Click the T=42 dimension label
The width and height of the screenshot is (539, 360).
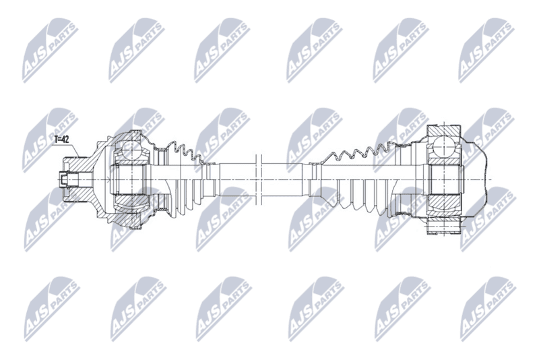[x=61, y=140]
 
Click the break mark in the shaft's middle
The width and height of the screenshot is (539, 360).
[x=259, y=180]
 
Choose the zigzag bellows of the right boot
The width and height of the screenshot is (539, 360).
[x=358, y=151]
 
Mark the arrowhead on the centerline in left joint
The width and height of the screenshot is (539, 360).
[x=108, y=179]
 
